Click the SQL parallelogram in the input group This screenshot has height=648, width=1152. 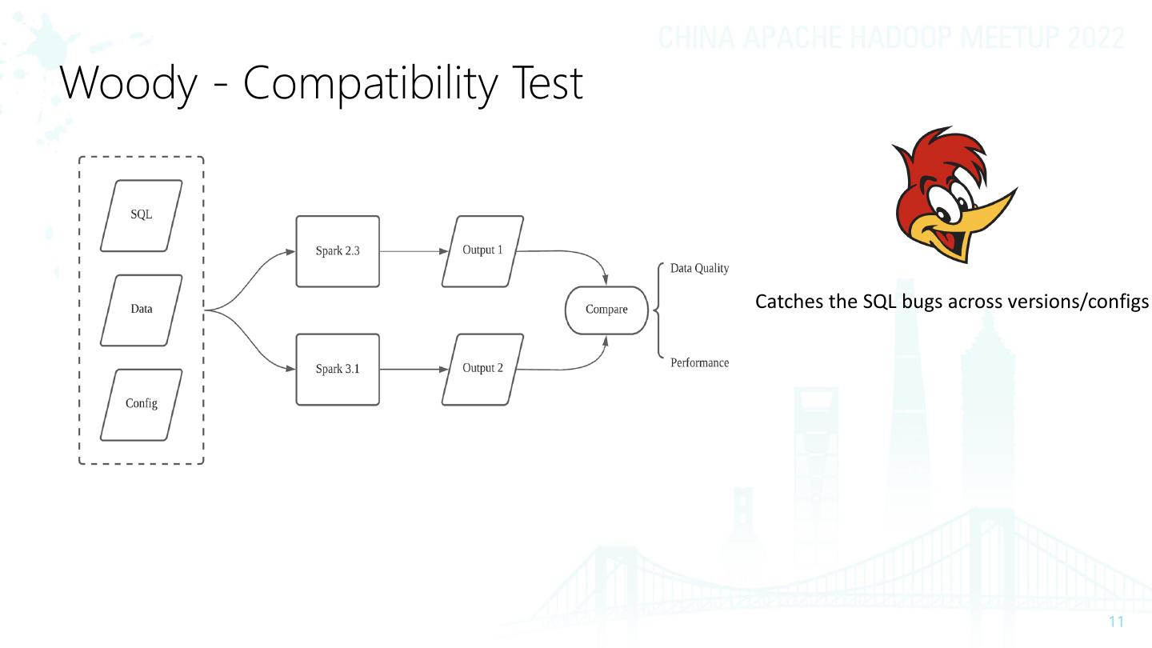pyautogui.click(x=142, y=215)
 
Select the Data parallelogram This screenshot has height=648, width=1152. pyautogui.click(x=142, y=310)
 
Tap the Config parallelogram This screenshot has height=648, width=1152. pyautogui.click(x=142, y=404)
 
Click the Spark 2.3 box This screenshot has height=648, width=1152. pyautogui.click(x=338, y=251)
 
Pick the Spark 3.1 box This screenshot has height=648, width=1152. pyautogui.click(x=338, y=370)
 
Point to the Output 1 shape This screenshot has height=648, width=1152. pyautogui.click(x=482, y=250)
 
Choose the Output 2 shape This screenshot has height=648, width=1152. pyautogui.click(x=482, y=369)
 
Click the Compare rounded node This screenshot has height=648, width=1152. pyautogui.click(x=606, y=310)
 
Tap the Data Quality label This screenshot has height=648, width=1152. pyautogui.click(x=699, y=269)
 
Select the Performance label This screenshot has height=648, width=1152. pyautogui.click(x=699, y=363)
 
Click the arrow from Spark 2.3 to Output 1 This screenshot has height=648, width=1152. pyautogui.click(x=413, y=251)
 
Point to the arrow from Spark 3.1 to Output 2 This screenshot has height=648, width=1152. pyautogui.click(x=413, y=370)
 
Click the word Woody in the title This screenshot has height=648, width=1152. pyautogui.click(x=128, y=83)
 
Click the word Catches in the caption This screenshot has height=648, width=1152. pyautogui.click(x=787, y=302)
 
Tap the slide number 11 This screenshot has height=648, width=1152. pyautogui.click(x=1117, y=622)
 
